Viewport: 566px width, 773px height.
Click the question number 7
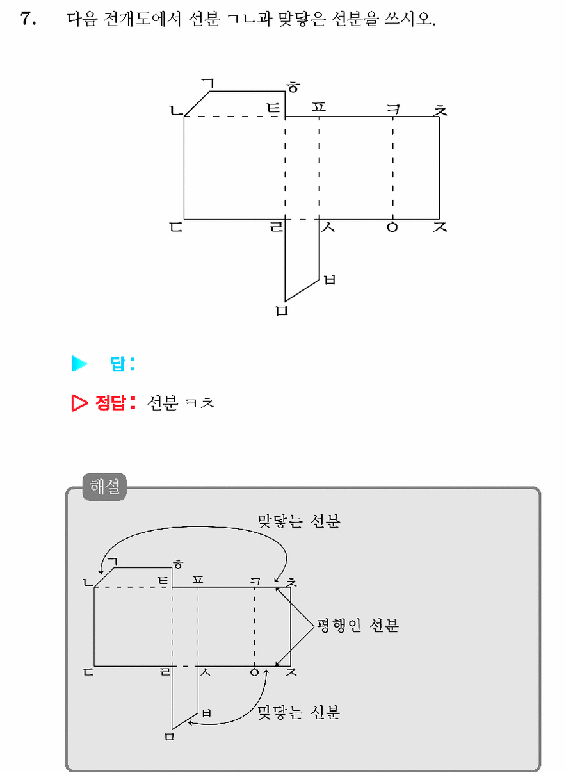28,19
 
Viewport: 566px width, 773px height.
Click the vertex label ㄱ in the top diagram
209,83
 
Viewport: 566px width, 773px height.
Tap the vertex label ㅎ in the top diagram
293,87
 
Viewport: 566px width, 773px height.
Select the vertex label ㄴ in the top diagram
176,110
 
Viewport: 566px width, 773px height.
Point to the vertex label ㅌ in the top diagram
273,108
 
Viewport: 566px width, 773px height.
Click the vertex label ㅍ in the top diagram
319,107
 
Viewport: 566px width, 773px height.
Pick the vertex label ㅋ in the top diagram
393,110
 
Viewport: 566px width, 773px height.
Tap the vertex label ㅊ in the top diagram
440,110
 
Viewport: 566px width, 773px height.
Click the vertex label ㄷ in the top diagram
176,227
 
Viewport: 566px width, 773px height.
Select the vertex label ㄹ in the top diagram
276,227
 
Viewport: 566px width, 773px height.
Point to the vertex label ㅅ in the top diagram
328,227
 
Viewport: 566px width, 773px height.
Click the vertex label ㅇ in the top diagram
392,227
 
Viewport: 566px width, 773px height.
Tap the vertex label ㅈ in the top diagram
440,227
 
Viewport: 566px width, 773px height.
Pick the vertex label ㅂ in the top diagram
330,280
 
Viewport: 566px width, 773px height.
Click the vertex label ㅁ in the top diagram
282,311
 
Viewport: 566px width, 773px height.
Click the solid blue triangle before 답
79,364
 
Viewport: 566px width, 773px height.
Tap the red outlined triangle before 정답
79,403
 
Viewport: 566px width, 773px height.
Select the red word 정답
110,403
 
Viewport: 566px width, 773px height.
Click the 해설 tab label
104,487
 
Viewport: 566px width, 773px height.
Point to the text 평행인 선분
358,625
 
